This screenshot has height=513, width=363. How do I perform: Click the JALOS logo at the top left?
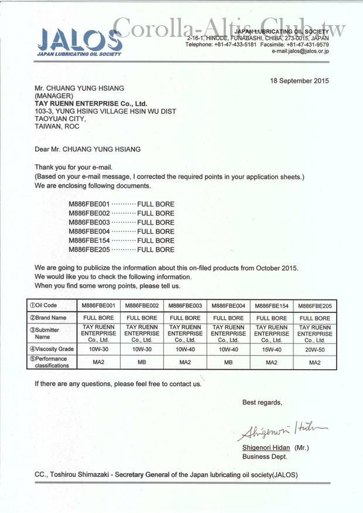pyautogui.click(x=79, y=41)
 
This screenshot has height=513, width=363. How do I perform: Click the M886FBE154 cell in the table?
pyautogui.click(x=272, y=305)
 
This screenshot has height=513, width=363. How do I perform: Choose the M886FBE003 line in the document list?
pyautogui.click(x=121, y=222)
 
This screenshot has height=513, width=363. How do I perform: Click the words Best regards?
pyautogui.click(x=262, y=402)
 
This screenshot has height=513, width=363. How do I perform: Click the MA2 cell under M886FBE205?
pyautogui.click(x=314, y=363)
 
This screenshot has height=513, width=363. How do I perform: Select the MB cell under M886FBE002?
pyautogui.click(x=142, y=363)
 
